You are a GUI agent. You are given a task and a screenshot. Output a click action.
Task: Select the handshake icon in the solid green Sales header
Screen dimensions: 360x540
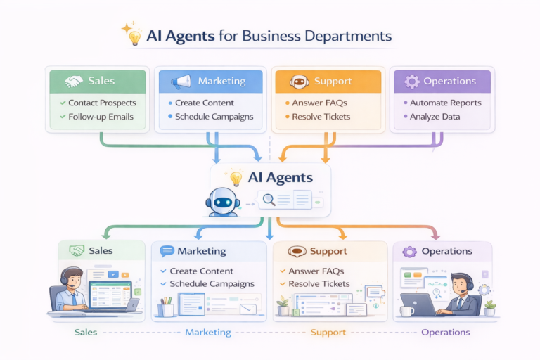pos(73,82)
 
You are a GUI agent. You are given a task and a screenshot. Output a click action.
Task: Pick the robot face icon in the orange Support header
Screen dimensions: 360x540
pos(300,82)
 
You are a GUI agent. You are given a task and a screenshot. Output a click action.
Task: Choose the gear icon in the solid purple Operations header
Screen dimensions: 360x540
pos(411,82)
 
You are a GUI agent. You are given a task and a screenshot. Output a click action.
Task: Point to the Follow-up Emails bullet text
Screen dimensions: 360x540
pos(101,117)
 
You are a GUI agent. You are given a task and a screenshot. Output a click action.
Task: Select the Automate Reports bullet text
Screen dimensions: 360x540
pos(446,103)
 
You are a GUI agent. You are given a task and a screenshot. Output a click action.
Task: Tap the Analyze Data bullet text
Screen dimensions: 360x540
pos(438,117)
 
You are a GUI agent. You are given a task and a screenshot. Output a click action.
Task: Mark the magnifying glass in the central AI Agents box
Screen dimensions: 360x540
pos(268,200)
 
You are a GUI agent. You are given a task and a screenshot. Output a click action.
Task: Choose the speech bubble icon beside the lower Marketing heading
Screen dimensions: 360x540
pos(167,251)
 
